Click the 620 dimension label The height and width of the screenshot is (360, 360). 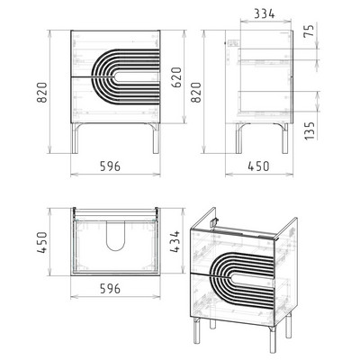click(x=177, y=77)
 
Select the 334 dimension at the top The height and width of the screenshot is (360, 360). click(x=265, y=13)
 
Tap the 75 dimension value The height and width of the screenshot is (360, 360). click(x=310, y=31)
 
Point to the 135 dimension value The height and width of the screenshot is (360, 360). click(x=310, y=130)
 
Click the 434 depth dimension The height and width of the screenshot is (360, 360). click(x=175, y=241)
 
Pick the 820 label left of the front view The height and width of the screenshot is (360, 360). click(x=42, y=93)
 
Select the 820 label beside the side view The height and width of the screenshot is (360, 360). click(x=196, y=93)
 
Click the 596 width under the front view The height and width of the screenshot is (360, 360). click(x=110, y=166)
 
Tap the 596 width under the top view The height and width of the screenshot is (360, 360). click(x=110, y=289)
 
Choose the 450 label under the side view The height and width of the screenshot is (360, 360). click(x=258, y=166)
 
